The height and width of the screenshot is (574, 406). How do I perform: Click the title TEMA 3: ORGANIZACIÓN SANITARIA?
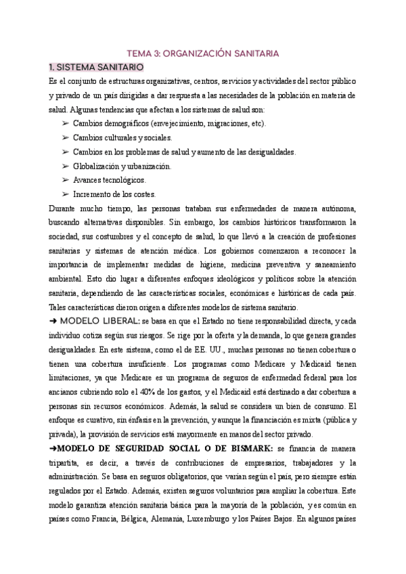click(203, 52)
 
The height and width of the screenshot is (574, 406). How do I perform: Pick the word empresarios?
click(228, 464)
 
